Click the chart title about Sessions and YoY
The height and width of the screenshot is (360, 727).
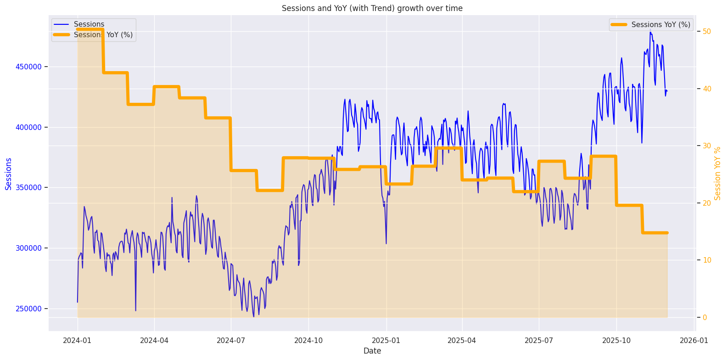coord(372,8)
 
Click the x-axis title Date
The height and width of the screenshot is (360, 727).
coord(372,351)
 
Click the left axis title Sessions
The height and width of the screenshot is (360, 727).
coord(8,174)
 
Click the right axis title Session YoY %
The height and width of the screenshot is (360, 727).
coord(718,174)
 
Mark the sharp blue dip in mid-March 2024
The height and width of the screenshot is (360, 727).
coord(135,310)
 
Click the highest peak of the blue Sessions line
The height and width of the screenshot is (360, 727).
coord(650,32)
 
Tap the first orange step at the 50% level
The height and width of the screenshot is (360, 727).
coord(90,29)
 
